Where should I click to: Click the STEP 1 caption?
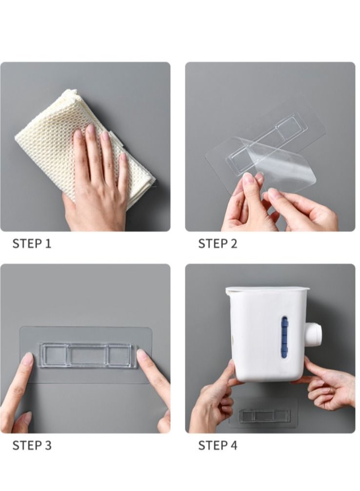click(32, 243)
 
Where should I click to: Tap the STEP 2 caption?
click(218, 243)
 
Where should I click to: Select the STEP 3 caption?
click(32, 445)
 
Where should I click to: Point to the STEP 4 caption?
click(218, 445)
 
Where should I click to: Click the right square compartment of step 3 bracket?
click(120, 355)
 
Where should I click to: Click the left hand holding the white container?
click(213, 398)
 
